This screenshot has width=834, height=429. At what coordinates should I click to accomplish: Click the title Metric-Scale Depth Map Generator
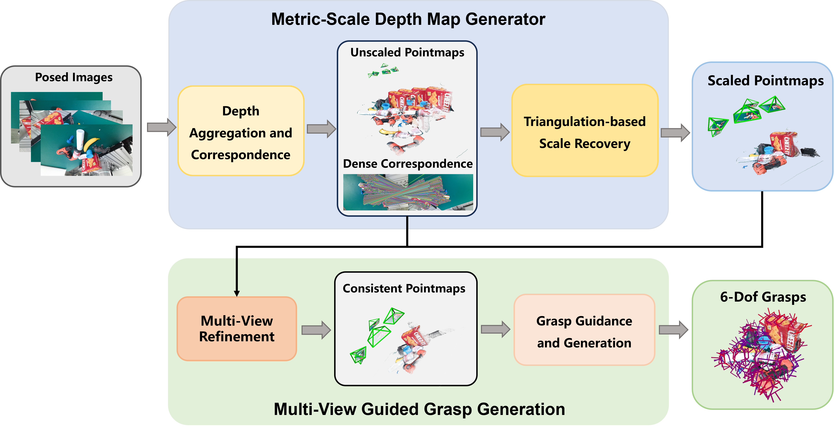coord(408,19)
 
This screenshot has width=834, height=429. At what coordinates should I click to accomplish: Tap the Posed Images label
coord(74,77)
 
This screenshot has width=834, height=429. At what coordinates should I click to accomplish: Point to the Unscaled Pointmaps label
coord(407,53)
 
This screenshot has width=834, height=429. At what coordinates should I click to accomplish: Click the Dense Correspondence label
coord(408,164)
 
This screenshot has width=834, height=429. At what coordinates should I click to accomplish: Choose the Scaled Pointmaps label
coord(765,81)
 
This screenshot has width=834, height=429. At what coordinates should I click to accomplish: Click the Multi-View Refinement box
coord(237,329)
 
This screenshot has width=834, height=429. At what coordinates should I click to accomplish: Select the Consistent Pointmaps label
coord(404,288)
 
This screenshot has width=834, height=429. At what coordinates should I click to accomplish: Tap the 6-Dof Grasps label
coord(763,297)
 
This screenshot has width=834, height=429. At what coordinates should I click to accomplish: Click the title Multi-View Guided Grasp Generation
coord(419,409)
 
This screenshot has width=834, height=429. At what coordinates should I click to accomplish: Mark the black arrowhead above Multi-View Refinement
coord(237,293)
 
